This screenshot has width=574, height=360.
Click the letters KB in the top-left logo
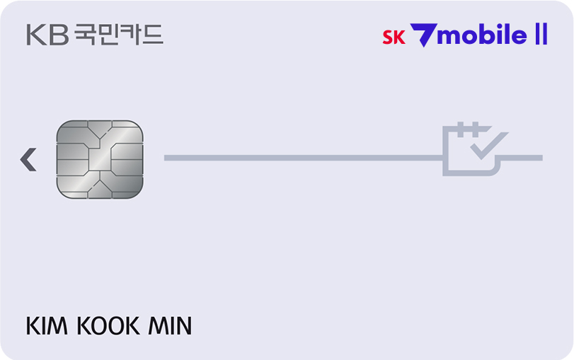coord(47,35)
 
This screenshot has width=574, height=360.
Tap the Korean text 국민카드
coord(119,35)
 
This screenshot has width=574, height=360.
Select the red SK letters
coord(394,37)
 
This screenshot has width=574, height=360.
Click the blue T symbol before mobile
coord(423,35)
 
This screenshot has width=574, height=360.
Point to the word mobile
coord(482,35)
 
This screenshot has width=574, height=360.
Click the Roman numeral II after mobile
coord(541,34)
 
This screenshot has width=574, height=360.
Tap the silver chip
coord(100,160)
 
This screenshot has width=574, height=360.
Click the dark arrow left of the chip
coord(28,160)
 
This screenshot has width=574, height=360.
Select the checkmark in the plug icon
coord(489,146)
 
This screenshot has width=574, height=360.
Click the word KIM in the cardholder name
coord(47,325)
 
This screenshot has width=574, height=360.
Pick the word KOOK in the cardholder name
coord(108,325)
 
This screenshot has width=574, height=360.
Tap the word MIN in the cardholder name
coord(170,325)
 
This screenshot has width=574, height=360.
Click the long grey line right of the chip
coord(304,158)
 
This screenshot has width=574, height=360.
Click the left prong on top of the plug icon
coord(461,129)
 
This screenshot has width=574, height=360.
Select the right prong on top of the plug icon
coord(476,129)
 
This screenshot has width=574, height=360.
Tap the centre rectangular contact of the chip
coord(100,159)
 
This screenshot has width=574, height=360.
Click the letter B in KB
coord(59,35)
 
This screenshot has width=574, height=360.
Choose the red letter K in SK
coord(399,37)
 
